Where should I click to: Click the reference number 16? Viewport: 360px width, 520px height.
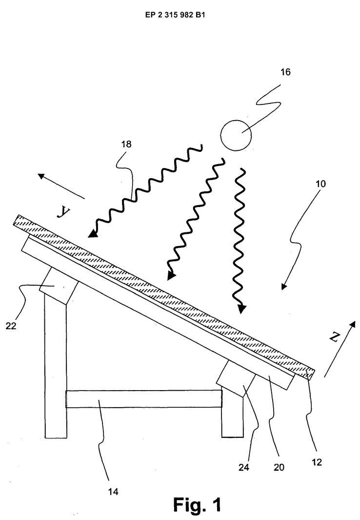pyautogui.click(x=285, y=72)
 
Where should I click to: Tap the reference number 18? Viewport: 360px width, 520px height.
pyautogui.click(x=126, y=144)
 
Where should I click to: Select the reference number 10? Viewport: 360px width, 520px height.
pyautogui.click(x=320, y=184)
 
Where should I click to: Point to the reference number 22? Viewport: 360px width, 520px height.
pyautogui.click(x=11, y=326)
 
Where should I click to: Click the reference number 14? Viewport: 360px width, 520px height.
pyautogui.click(x=113, y=492)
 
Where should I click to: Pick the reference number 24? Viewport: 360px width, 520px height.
pyautogui.click(x=244, y=467)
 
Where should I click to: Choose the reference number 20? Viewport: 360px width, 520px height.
pyautogui.click(x=279, y=467)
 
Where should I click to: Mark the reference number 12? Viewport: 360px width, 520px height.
pyautogui.click(x=317, y=462)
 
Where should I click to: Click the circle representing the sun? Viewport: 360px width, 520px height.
pyautogui.click(x=236, y=135)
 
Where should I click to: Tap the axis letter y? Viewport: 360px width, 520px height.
pyautogui.click(x=63, y=211)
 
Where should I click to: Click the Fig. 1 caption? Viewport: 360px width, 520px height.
pyautogui.click(x=197, y=505)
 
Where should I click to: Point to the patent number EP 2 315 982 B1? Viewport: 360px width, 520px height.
pyautogui.click(x=175, y=15)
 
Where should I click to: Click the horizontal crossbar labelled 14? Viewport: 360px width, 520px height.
pyautogui.click(x=144, y=398)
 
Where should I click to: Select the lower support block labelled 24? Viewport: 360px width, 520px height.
pyautogui.click(x=236, y=378)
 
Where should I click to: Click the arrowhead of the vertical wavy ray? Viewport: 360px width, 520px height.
pyautogui.click(x=242, y=309)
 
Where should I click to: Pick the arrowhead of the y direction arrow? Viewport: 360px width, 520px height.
pyautogui.click(x=41, y=176)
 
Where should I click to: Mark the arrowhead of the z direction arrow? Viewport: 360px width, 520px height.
pyautogui.click(x=352, y=325)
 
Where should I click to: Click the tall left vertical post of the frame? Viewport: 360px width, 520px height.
pyautogui.click(x=55, y=365)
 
